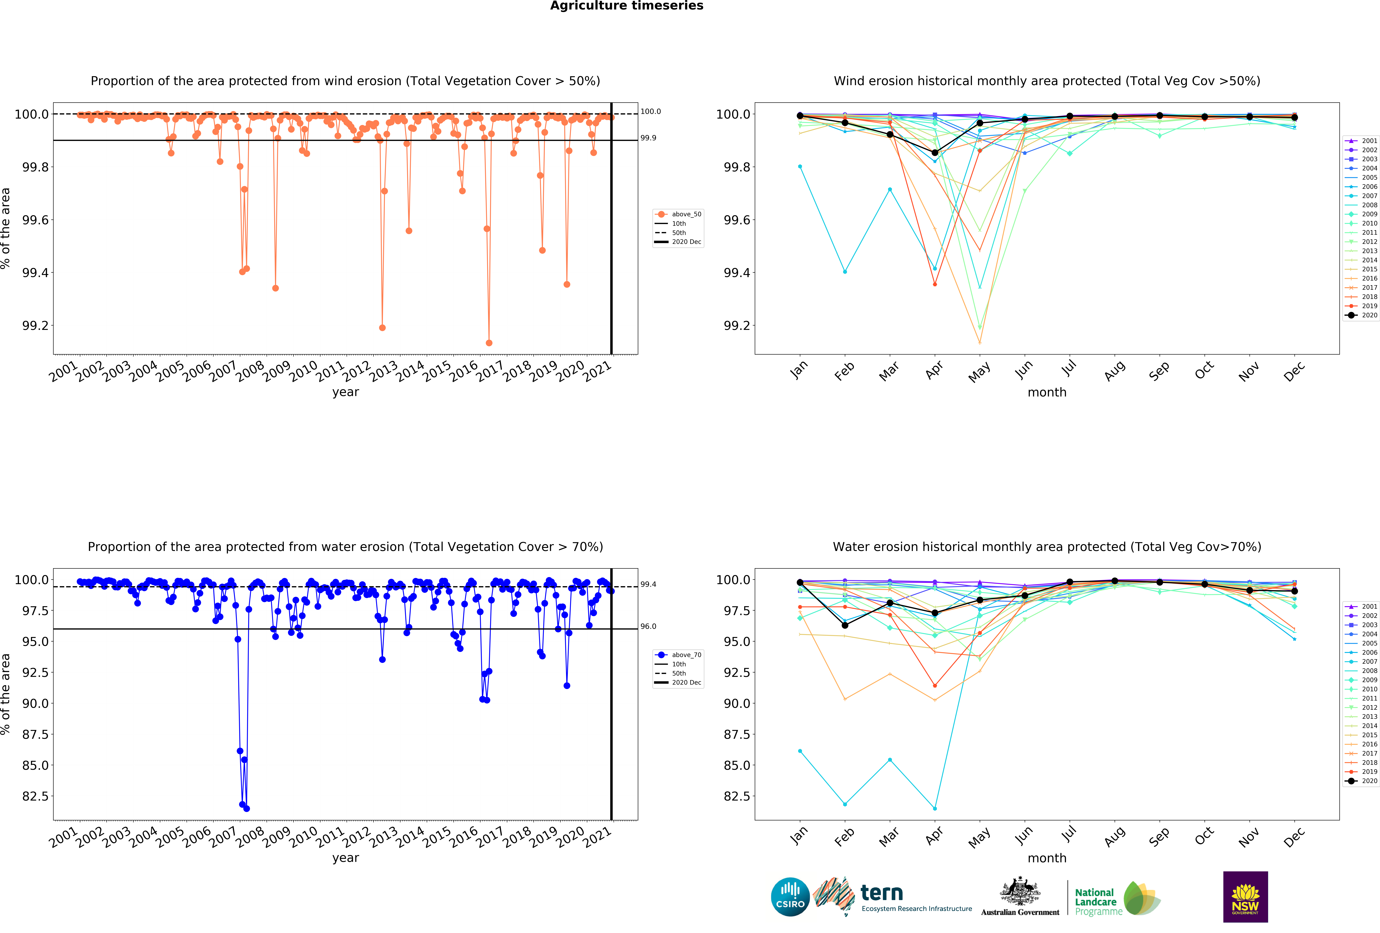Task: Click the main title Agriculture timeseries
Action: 626,6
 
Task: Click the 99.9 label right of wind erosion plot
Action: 648,138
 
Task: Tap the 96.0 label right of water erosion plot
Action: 648,626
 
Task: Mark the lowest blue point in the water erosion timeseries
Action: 246,808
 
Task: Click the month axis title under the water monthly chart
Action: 1047,858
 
